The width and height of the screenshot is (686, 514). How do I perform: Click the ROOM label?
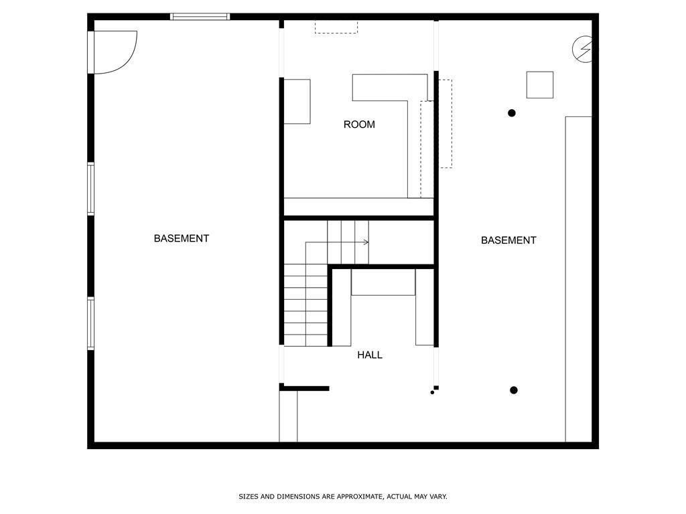[359, 124]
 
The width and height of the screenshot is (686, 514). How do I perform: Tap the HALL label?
[370, 355]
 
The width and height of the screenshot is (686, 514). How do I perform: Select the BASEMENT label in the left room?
[182, 238]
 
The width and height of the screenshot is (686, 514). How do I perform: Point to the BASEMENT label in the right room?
[508, 240]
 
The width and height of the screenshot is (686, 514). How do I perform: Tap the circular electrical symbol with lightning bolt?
[582, 48]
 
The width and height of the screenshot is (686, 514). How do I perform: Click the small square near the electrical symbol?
[539, 85]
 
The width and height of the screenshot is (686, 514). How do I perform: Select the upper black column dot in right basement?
[512, 113]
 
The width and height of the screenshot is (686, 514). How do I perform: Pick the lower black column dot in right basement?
[514, 390]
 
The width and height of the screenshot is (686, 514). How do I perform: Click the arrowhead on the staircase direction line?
[366, 242]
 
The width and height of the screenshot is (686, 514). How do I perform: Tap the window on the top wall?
[200, 17]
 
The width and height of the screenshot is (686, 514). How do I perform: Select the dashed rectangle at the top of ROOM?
[336, 27]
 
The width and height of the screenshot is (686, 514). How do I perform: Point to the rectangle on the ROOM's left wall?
[297, 102]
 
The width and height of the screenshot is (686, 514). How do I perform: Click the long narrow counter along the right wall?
[579, 279]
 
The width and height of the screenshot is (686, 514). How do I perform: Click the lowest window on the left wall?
[90, 323]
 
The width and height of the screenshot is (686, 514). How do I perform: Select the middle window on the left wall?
[90, 189]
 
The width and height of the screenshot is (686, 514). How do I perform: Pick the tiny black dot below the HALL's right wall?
[432, 392]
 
